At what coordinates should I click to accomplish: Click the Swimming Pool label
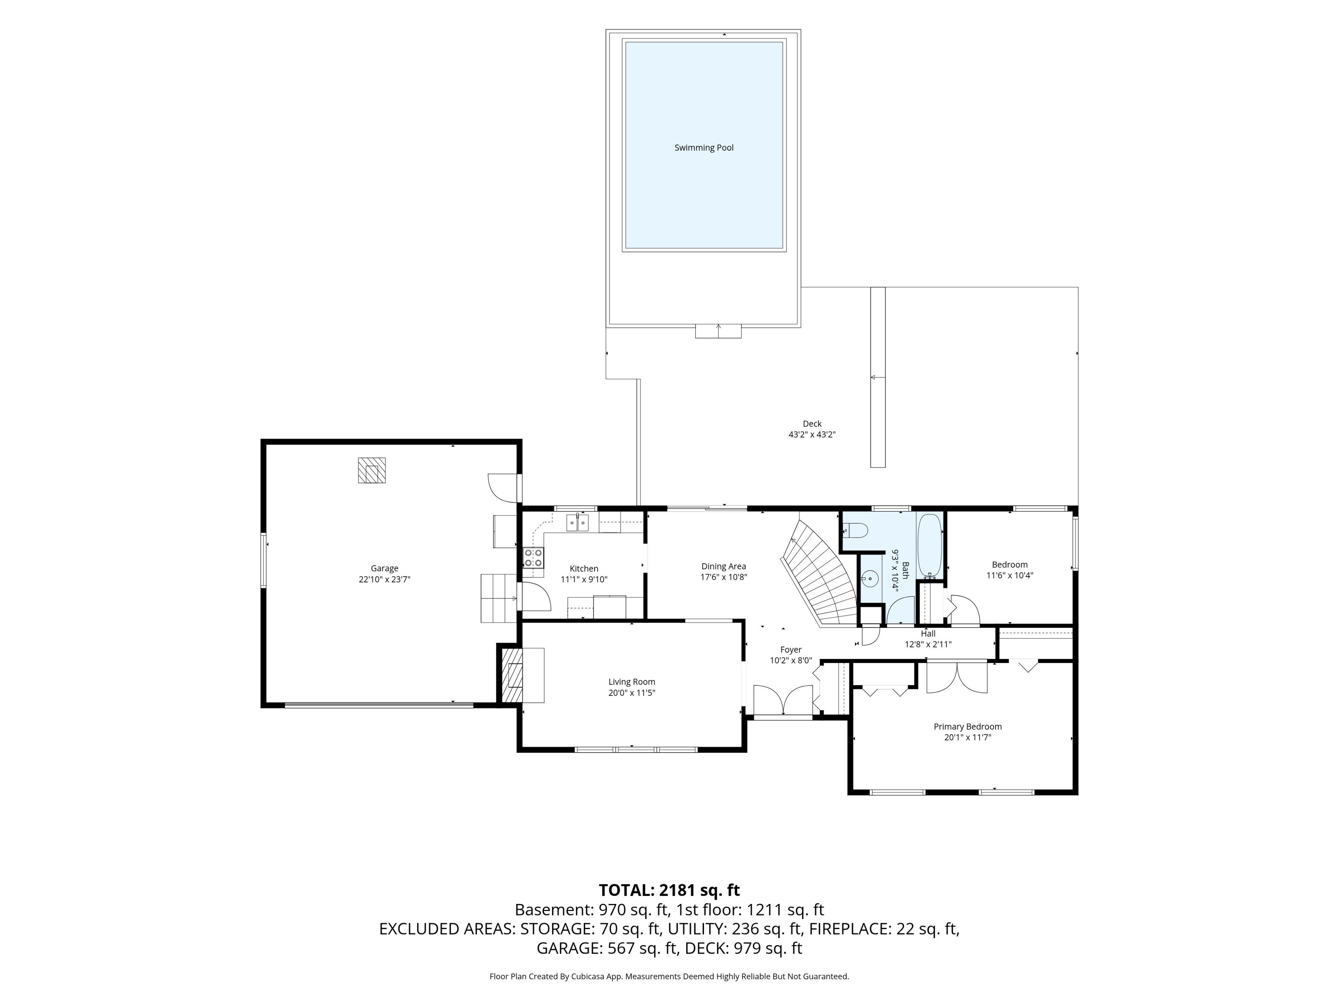704,148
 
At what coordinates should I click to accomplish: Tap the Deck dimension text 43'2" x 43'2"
812,434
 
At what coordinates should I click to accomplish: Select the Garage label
384,568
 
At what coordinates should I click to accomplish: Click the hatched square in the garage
372,470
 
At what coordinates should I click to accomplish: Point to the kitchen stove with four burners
533,557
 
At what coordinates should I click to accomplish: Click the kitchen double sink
577,522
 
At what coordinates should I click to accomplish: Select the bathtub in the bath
929,546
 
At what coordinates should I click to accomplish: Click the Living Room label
632,682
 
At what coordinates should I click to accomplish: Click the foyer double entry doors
783,700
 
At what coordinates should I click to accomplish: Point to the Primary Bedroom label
967,727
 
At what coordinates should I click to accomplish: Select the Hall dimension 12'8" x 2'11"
928,645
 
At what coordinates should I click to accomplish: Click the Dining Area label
724,566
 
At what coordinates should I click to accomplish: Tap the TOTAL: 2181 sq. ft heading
669,890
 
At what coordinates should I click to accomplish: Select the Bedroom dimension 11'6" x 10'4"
1010,576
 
